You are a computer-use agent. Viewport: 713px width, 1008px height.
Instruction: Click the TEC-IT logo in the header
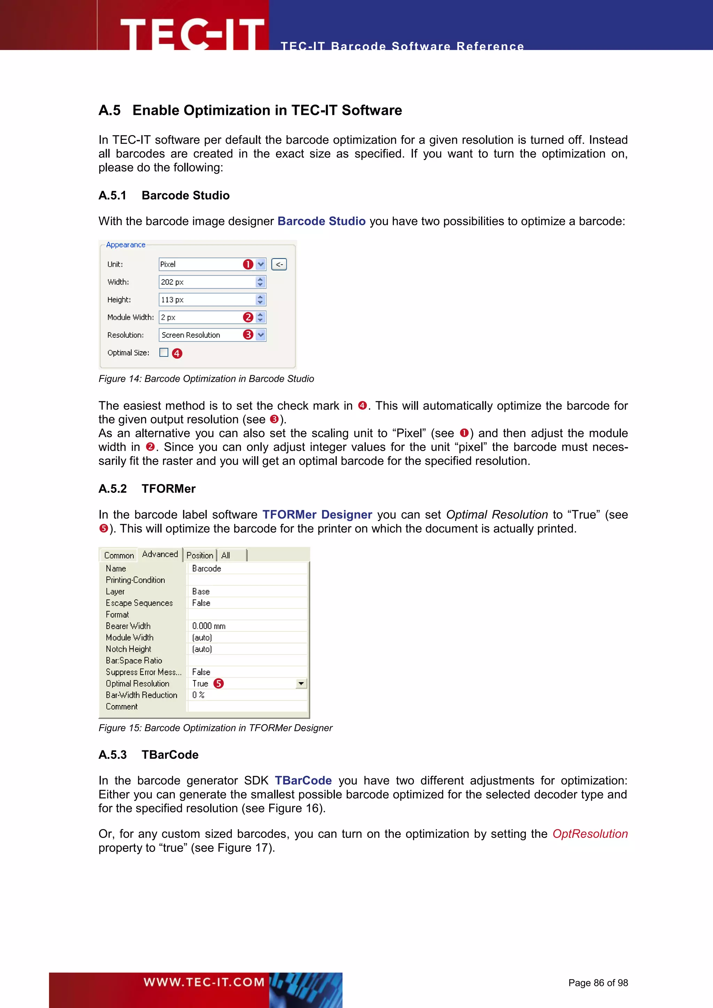pos(192,33)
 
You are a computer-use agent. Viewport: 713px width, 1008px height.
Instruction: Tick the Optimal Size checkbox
pos(164,353)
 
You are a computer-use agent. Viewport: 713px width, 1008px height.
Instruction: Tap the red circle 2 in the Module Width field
pos(248,317)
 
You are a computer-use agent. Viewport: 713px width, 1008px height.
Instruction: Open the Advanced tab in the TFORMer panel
pos(160,554)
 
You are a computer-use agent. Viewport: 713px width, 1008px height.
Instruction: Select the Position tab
pos(200,556)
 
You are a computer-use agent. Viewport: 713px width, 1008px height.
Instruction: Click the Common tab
pos(119,556)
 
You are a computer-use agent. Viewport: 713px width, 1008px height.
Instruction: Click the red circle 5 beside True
pos(219,684)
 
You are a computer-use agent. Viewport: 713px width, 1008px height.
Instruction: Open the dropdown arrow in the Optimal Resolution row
pos(301,684)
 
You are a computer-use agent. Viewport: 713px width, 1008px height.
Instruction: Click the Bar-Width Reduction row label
pos(141,695)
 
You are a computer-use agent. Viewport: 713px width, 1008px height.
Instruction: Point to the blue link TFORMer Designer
pos(317,514)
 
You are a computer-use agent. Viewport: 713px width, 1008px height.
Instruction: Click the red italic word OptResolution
pos(590,834)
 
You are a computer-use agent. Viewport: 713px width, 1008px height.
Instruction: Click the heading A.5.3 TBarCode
pos(148,755)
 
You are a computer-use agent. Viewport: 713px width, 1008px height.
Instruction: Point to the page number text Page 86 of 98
pos(598,983)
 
